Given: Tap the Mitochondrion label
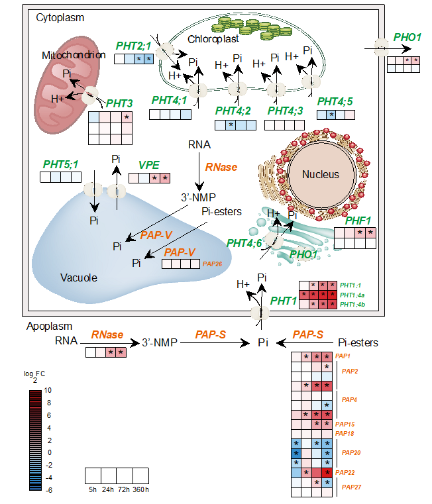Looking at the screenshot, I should pyautogui.click(x=74, y=55).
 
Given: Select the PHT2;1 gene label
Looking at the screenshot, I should pyautogui.click(x=134, y=46).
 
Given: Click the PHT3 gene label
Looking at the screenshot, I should pyautogui.click(x=120, y=103).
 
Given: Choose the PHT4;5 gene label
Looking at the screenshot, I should pyautogui.click(x=335, y=101).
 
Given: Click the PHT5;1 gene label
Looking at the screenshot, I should pyautogui.click(x=61, y=164).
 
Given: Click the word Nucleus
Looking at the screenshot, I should pyautogui.click(x=321, y=175).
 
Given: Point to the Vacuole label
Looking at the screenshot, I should pyautogui.click(x=79, y=277).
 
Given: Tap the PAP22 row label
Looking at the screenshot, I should pyautogui.click(x=345, y=472).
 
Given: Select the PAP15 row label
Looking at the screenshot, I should pyautogui.click(x=345, y=424).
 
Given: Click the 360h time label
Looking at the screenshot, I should pyautogui.click(x=140, y=489).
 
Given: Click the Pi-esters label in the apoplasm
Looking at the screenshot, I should pyautogui.click(x=358, y=342).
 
